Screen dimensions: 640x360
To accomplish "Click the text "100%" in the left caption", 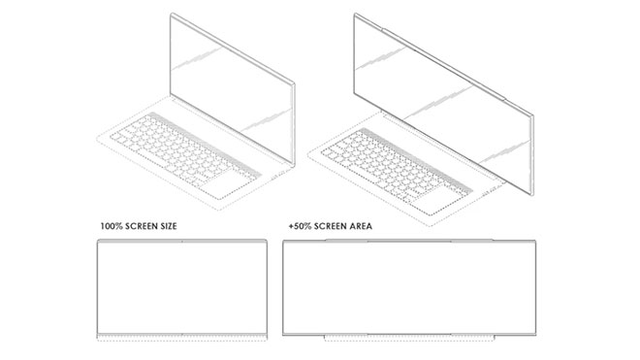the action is [x=111, y=226].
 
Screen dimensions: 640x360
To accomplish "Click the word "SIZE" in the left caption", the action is [x=167, y=226].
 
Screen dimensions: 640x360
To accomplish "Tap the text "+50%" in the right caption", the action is [x=299, y=226].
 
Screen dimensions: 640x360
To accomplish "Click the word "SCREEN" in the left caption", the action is [x=140, y=226].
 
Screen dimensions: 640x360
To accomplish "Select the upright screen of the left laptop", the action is [x=232, y=89].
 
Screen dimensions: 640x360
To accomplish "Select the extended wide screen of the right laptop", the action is [x=444, y=106].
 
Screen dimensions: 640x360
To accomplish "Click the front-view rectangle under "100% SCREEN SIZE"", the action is [x=182, y=287].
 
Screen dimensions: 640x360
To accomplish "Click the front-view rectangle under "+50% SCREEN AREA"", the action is [x=409, y=287].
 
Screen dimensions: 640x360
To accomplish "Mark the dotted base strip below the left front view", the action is [x=182, y=338].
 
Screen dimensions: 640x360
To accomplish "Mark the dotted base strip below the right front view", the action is [x=409, y=339].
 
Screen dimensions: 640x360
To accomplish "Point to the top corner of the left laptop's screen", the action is [x=172, y=14].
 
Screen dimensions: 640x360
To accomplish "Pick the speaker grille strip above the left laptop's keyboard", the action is [x=205, y=143].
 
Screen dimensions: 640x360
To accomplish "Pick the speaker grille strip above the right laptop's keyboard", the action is [x=415, y=159].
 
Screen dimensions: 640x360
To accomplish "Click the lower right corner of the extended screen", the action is [x=532, y=198].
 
